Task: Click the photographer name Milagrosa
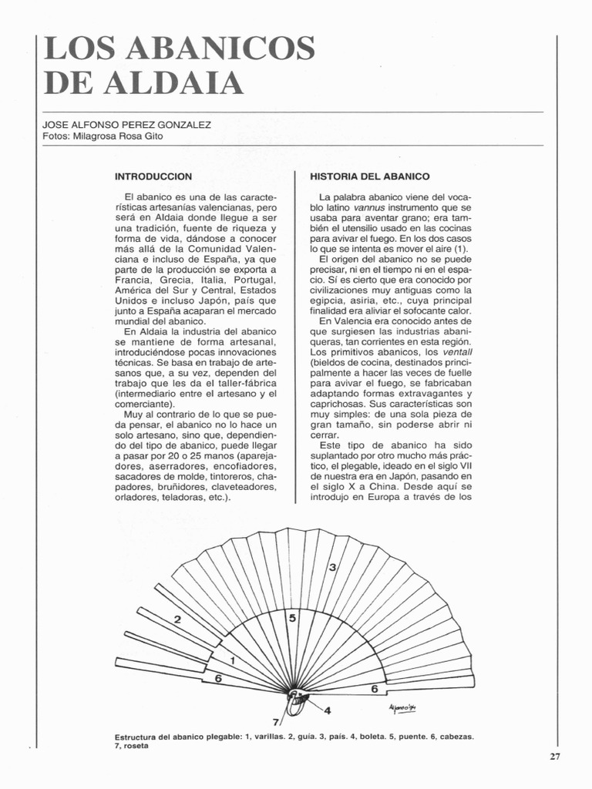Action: pyautogui.click(x=98, y=136)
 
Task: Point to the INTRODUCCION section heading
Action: pyautogui.click(x=153, y=176)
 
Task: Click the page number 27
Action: pyautogui.click(x=554, y=756)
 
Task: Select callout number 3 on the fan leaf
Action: pyautogui.click(x=332, y=568)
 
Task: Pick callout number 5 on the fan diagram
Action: pyautogui.click(x=292, y=618)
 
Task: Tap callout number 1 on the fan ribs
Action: pyautogui.click(x=232, y=660)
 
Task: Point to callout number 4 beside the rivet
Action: pyautogui.click(x=326, y=710)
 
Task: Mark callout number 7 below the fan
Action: pyautogui.click(x=276, y=723)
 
